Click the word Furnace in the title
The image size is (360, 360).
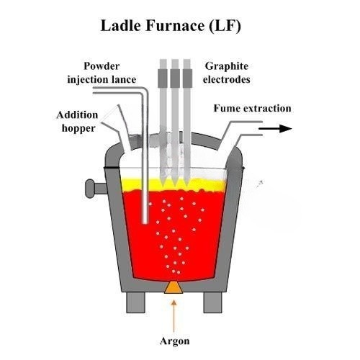coord(175,26)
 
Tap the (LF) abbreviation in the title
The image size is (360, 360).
coord(225,26)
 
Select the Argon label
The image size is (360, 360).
coord(175,341)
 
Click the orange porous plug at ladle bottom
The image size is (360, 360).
coord(174,287)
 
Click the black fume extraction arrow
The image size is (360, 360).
coord(275,129)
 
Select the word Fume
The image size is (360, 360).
coord(227,108)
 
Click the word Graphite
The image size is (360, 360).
coord(227,66)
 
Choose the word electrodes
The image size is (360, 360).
coord(227,79)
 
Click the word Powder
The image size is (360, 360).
coord(102,66)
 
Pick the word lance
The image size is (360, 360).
coord(125,79)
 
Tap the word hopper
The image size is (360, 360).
coord(78,129)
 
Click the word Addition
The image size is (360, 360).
coord(77,115)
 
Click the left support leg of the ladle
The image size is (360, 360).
coord(136,302)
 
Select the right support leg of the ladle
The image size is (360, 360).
coord(212,302)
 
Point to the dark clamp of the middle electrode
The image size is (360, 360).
coord(175,78)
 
